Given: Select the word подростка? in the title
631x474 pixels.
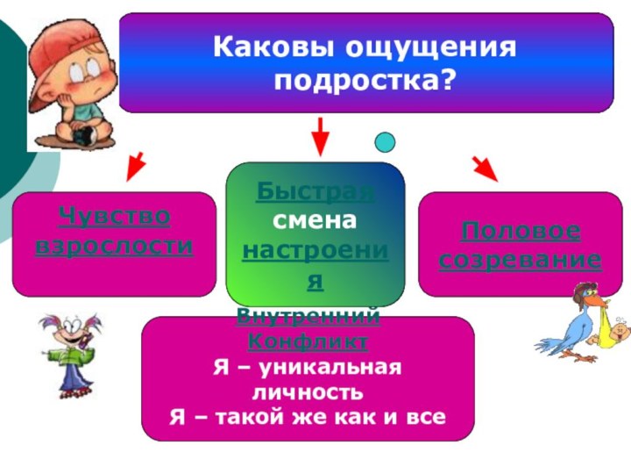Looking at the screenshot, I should coord(365,82).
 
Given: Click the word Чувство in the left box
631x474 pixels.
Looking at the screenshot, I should coord(114,214).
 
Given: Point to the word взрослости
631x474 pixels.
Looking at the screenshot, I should coord(114,244).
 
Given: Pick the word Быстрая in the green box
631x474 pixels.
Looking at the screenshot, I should coord(315,190).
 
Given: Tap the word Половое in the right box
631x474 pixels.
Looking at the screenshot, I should coord(521,231).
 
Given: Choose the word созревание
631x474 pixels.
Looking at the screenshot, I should coord(521,261).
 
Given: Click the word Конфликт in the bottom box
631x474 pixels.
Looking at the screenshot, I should coord(308,339).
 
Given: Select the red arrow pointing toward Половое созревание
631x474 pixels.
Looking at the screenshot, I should coord(485,168).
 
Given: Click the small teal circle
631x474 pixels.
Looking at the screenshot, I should coord(385,141).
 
